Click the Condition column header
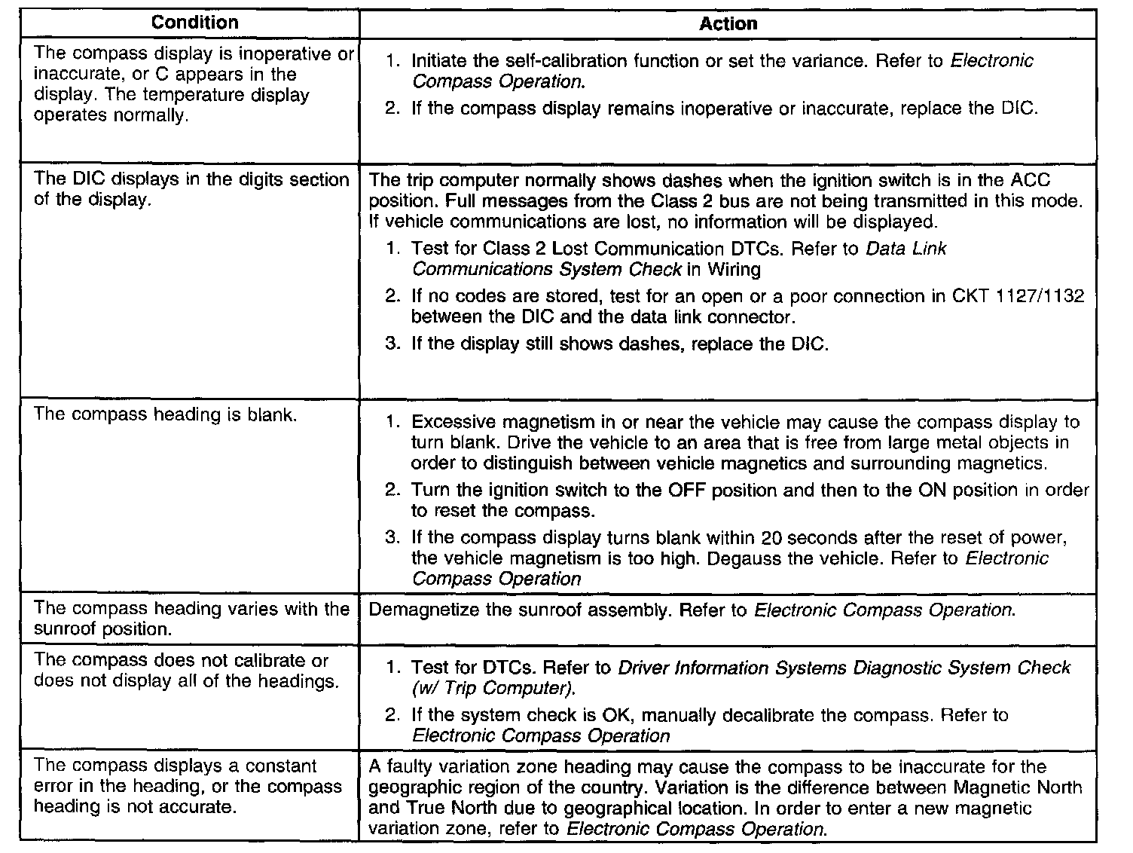point(194,23)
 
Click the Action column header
point(728,23)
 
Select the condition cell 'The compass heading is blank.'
point(165,414)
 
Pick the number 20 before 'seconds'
point(772,538)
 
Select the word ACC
point(1031,180)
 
